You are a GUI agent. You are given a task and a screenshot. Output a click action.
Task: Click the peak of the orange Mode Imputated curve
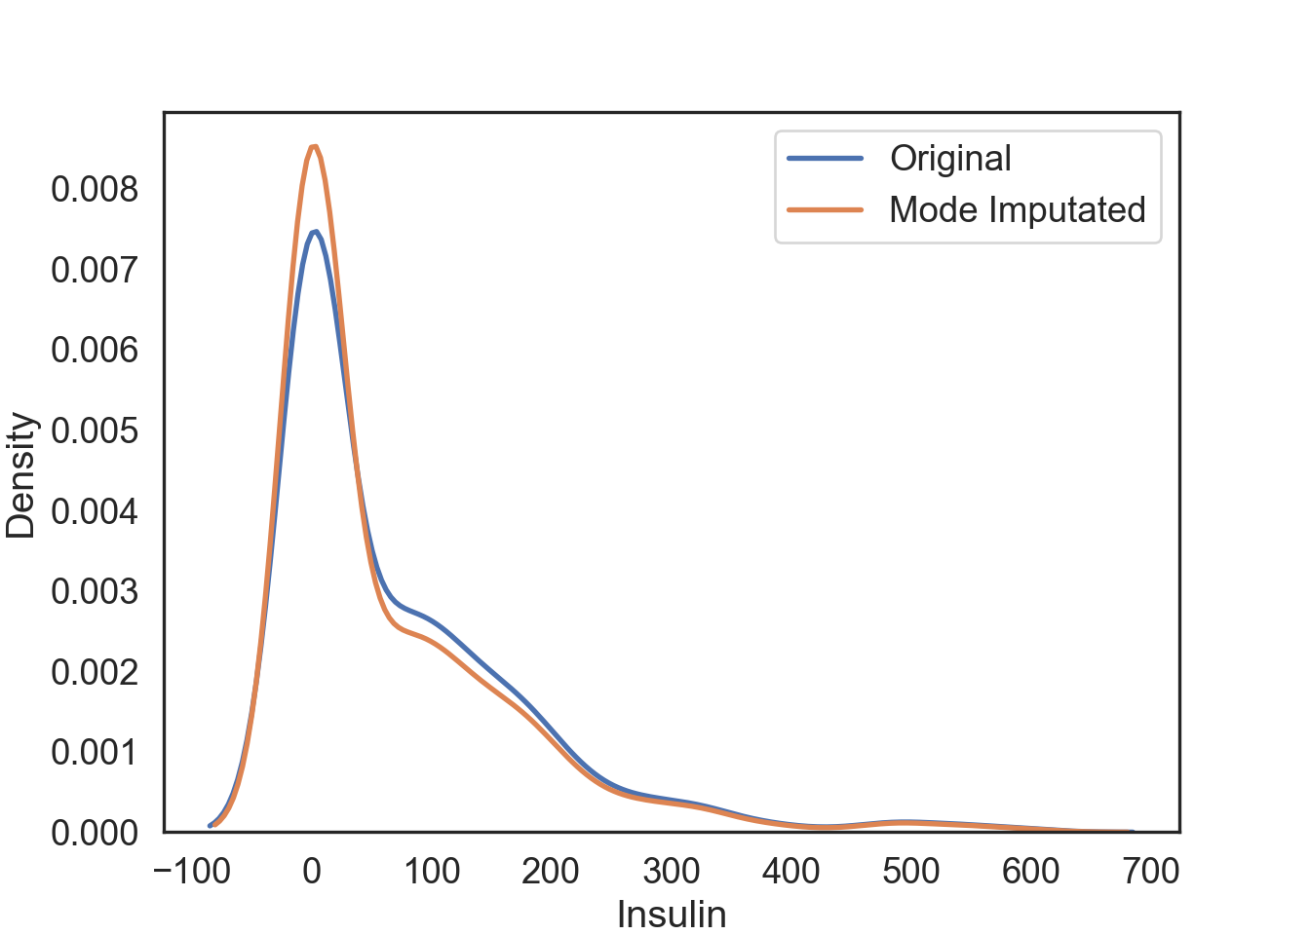pos(313,147)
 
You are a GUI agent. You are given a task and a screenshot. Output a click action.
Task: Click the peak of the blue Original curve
pos(315,232)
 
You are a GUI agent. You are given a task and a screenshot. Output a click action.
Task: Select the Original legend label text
pos(950,158)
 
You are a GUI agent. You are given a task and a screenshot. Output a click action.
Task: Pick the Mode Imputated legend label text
pos(1017,209)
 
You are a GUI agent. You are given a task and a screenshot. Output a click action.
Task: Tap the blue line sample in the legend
pos(825,158)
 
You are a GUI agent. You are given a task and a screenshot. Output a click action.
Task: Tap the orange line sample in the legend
pos(825,209)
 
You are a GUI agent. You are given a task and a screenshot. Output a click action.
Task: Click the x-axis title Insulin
pos(672,915)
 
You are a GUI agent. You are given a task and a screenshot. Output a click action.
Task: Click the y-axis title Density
pos(20,476)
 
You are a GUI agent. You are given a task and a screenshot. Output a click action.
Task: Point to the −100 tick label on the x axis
pos(192,871)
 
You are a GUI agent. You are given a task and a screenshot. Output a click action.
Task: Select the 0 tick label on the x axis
pos(312,871)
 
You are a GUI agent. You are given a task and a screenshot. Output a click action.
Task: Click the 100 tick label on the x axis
pos(432,871)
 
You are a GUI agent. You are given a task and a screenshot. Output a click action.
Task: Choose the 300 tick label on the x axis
pos(672,871)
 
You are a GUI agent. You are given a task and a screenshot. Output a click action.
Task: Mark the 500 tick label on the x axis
pos(911,871)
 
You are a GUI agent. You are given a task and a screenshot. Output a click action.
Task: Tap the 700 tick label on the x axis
pos(1151,871)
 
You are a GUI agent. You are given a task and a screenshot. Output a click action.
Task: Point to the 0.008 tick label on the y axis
pos(96,189)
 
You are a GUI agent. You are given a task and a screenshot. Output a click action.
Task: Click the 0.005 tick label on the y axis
pos(96,430)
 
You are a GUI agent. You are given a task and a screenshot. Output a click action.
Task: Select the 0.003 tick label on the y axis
pos(96,591)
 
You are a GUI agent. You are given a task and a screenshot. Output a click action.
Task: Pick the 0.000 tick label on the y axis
pos(96,833)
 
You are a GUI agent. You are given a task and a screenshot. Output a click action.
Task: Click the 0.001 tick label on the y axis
pos(96,752)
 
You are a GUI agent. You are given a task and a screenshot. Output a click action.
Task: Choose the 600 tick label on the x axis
pos(1031,871)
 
